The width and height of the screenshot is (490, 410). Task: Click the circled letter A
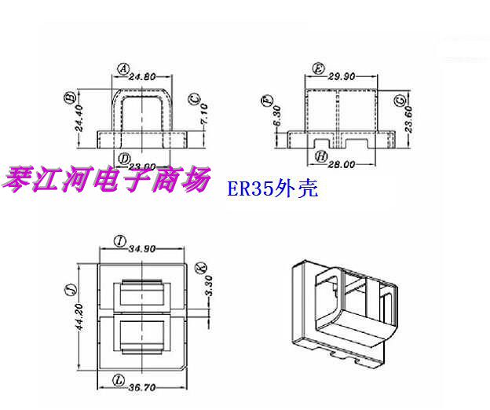123,68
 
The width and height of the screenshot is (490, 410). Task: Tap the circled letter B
69,97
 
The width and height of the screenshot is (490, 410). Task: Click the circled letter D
123,159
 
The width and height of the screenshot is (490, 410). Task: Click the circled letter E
318,68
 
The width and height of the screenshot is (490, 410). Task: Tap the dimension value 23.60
408,118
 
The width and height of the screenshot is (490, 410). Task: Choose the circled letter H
321,157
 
